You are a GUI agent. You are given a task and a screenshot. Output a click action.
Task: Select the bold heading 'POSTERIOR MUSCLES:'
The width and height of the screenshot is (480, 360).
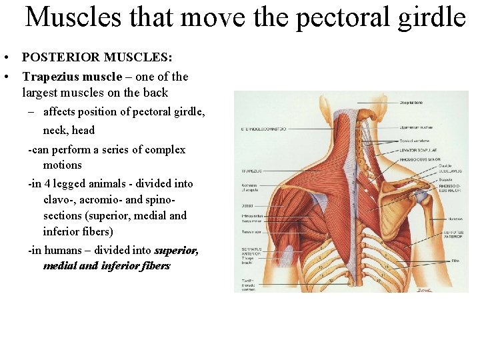[x=97, y=57]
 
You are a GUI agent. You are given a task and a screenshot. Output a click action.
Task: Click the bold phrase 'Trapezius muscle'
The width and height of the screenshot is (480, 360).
[x=72, y=77]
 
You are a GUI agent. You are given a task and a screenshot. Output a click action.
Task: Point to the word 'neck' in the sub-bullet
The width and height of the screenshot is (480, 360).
[x=55, y=130]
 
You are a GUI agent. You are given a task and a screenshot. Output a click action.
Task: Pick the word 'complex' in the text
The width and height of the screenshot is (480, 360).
[x=164, y=149]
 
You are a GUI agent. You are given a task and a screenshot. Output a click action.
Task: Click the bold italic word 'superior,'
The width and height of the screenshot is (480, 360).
[x=176, y=250]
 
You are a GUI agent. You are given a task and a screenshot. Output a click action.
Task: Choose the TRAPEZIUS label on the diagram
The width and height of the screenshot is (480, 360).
[x=252, y=171]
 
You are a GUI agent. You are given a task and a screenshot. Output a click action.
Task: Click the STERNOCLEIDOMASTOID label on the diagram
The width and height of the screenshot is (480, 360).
[x=264, y=129]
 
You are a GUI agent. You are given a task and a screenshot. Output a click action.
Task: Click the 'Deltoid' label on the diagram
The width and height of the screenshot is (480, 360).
[x=247, y=205]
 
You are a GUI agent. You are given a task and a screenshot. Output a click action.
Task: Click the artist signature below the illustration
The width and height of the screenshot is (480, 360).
[x=424, y=289]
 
